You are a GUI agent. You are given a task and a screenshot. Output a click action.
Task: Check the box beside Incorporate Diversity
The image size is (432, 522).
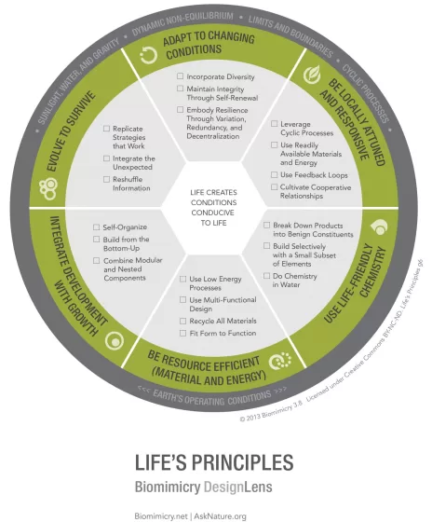point(180,76)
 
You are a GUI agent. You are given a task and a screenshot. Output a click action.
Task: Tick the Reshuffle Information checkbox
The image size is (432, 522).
point(106,179)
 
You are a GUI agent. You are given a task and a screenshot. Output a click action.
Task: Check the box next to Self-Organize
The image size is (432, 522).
point(97,227)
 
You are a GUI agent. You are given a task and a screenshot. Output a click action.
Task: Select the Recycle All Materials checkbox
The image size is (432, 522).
point(182,321)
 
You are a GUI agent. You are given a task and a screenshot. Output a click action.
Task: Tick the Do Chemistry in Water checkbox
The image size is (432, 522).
point(266,276)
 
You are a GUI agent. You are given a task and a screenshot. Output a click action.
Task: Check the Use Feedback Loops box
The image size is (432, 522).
point(274,175)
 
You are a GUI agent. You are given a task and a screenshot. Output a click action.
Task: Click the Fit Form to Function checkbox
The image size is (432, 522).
point(182,333)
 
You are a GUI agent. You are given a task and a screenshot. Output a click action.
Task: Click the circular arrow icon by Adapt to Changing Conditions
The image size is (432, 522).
point(149,55)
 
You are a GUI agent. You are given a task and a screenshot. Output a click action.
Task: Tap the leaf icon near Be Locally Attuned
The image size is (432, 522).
point(312,75)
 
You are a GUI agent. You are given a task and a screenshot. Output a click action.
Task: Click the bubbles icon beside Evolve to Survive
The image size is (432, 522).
point(48,189)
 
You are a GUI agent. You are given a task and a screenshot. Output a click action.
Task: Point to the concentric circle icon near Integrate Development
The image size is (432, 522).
point(115,341)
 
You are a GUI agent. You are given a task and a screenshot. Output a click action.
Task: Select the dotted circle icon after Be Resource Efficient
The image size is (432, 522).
point(280,361)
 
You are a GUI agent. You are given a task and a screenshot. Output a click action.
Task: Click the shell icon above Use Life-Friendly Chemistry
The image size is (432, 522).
point(379,227)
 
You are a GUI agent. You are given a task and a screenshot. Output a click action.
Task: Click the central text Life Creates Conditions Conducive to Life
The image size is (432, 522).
point(213,208)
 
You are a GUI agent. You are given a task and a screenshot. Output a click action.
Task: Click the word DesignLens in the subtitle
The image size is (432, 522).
point(238,487)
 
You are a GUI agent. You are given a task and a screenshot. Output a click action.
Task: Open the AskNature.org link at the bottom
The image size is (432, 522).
point(220,516)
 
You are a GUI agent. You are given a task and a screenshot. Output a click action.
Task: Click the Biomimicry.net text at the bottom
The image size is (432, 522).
point(161,516)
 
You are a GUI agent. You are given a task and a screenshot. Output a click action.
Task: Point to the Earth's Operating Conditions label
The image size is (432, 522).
point(212,396)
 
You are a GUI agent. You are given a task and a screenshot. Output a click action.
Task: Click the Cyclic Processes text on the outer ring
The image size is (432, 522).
point(366,93)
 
